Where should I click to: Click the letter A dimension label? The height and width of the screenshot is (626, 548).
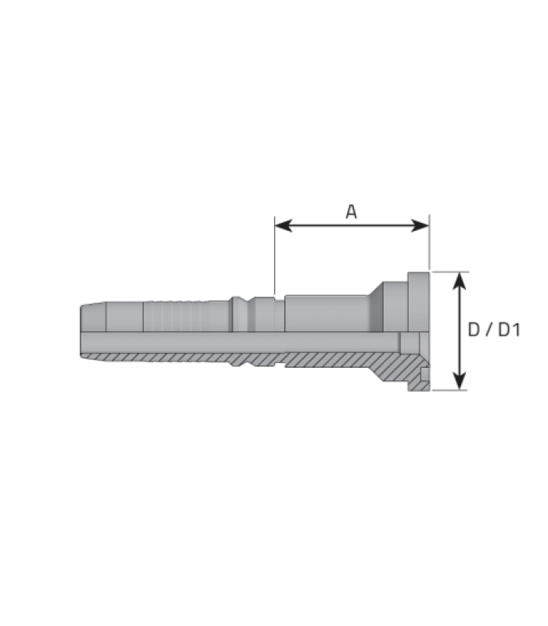pos(351,211)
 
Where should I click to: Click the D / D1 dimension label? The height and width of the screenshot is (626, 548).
pos(494,329)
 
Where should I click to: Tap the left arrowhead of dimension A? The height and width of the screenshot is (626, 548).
pos(283,225)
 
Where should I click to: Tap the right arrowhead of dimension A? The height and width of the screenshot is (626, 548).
pos(420,225)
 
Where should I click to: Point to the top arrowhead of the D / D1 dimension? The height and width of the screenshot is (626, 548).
pos(460,281)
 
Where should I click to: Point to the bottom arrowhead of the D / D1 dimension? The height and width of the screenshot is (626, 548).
pos(460,381)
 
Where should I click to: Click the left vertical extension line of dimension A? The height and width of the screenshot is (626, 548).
pos(275,256)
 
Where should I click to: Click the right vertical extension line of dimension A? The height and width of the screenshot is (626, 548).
pos(429,243)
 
